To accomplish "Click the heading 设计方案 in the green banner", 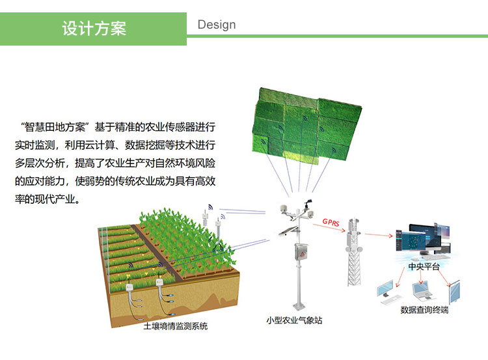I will [94, 29].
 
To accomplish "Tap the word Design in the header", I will [217, 25].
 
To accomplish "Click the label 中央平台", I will [424, 267].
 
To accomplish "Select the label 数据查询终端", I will [424, 310].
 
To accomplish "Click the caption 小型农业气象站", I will [294, 320].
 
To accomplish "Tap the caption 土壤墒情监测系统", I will [176, 326].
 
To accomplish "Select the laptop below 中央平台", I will [422, 290].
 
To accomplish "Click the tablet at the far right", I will [454, 291].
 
